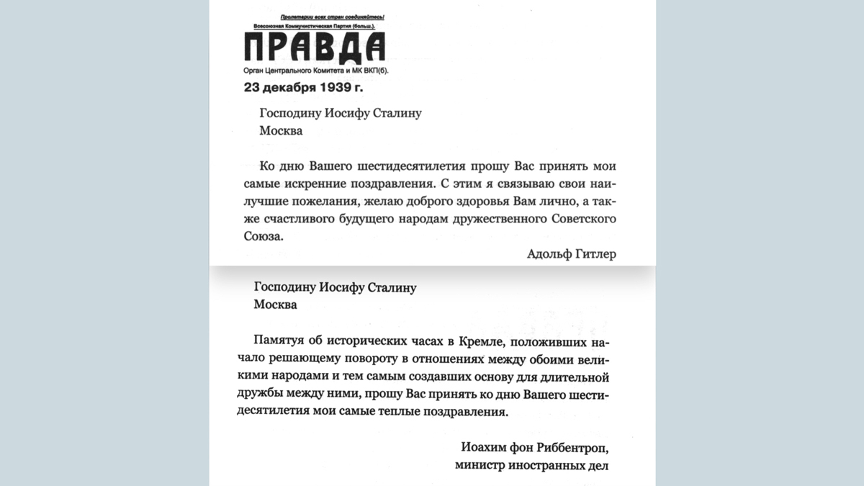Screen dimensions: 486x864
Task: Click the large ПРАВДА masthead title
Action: (x=314, y=48)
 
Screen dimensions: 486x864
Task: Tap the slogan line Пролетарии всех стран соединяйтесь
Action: (x=333, y=17)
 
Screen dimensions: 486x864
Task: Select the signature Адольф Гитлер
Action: (x=571, y=253)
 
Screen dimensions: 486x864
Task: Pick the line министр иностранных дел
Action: (x=531, y=465)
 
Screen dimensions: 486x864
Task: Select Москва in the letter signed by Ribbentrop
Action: (x=275, y=304)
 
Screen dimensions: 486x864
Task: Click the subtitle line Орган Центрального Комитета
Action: (x=320, y=71)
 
